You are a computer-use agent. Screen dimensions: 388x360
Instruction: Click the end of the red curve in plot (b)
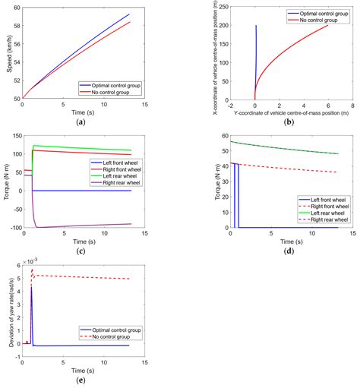pyautogui.click(x=327, y=26)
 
